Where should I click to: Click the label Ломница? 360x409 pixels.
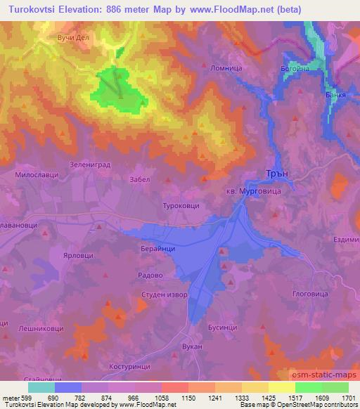click(x=226, y=68)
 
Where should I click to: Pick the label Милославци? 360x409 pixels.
click(x=35, y=171)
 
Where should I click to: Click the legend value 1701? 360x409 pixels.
click(x=347, y=397)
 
